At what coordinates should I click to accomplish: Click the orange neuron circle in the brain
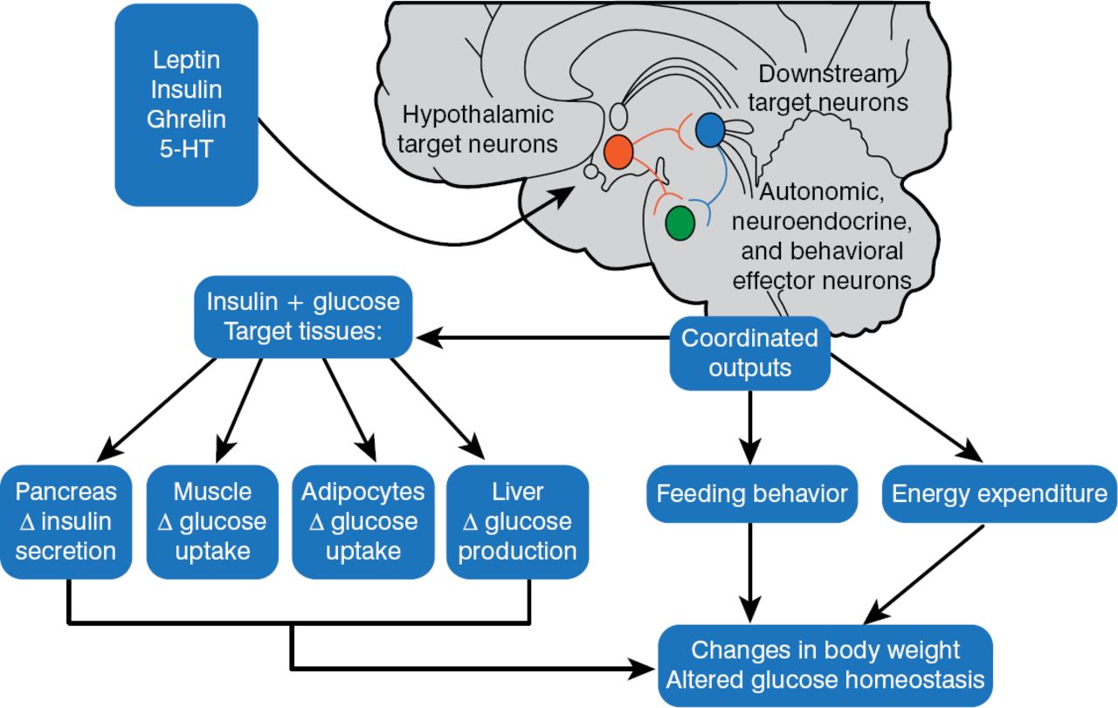pos(618,152)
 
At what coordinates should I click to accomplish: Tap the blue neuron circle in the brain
pos(709,131)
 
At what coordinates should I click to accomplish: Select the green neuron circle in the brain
pos(680,222)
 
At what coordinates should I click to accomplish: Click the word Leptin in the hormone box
pos(186,61)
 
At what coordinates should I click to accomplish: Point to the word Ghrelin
pos(186,119)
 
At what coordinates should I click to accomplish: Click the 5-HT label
pos(186,148)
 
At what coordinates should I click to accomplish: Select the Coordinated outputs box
pos(749,353)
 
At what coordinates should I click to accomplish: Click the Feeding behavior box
pos(751,494)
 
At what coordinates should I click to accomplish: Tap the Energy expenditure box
pos(999,494)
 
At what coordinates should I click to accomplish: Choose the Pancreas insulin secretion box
pos(66,521)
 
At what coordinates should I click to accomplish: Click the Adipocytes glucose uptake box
pos(363,521)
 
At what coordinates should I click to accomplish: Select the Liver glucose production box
pos(517,521)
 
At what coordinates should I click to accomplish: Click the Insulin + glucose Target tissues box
pos(303,316)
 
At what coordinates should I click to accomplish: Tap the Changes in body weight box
pos(825,664)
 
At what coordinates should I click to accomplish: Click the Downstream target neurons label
pos(828,88)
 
